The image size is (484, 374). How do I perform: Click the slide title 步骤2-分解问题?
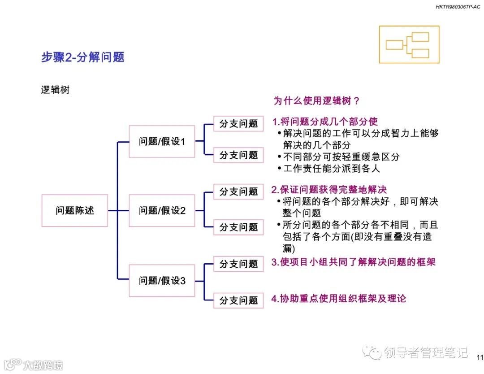tap(82, 57)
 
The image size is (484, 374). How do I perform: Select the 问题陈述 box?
tap(75, 210)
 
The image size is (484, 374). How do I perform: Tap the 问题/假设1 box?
tap(162, 142)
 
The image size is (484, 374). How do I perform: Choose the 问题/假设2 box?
tap(162, 210)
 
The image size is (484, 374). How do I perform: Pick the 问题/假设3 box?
tap(162, 281)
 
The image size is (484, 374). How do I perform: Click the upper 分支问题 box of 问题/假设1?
tap(238, 123)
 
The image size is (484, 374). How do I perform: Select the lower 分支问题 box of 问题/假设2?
tap(238, 227)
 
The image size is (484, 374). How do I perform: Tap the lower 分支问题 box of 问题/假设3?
tap(238, 300)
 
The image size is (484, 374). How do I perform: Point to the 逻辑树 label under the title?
tap(55, 90)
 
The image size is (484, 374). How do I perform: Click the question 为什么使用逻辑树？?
tap(316, 101)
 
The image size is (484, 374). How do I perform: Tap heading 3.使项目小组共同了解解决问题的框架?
tap(354, 262)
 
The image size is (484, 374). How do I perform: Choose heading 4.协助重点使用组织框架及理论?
tap(339, 299)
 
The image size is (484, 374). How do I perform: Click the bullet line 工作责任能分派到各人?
tap(331, 169)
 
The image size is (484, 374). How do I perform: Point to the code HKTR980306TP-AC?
tap(458, 7)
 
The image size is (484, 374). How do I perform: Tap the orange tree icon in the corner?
tap(409, 44)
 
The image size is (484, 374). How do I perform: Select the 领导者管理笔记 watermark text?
tap(426, 353)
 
